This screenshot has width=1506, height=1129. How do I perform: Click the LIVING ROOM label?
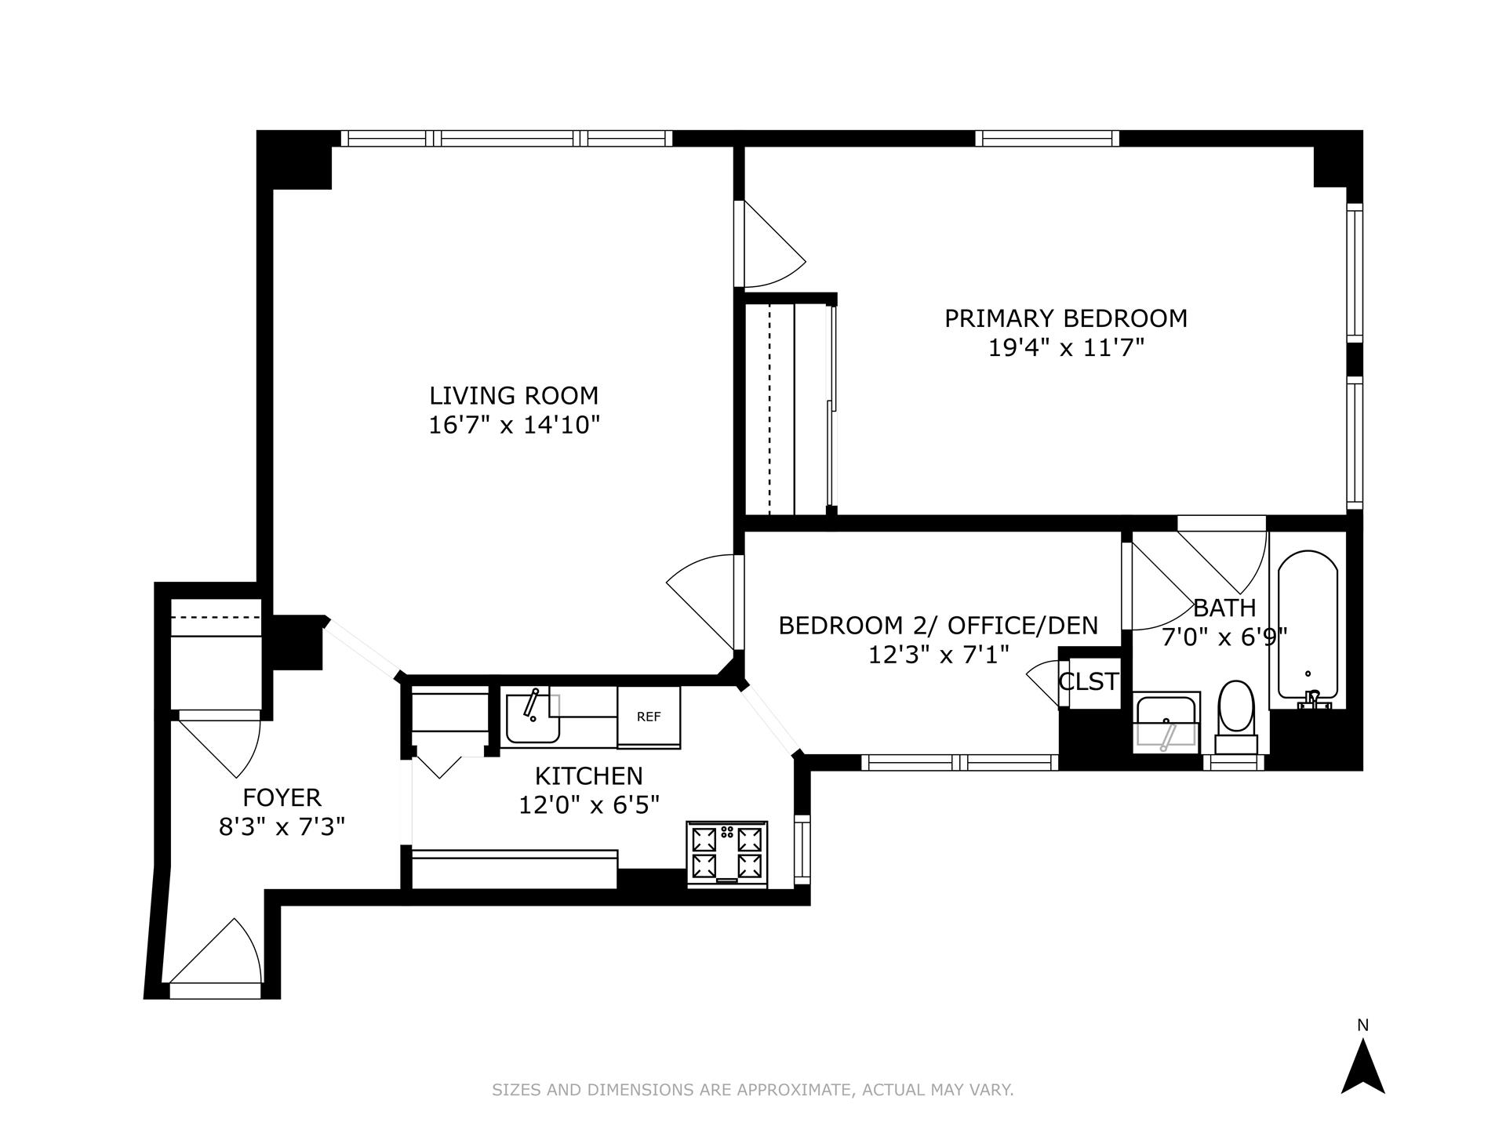514,395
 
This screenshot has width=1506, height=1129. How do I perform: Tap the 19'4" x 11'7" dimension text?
1066,347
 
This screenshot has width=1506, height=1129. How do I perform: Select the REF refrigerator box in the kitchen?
649,717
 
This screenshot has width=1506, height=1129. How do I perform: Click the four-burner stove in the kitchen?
727,853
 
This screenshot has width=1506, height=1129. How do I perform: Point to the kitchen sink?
533,718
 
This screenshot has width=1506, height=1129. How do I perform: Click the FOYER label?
282,797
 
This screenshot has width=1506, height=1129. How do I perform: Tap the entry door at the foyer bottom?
216,958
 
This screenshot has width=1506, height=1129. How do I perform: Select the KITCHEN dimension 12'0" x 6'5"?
588,804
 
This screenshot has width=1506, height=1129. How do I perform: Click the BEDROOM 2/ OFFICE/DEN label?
938,626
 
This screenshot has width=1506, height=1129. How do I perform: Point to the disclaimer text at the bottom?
752,1090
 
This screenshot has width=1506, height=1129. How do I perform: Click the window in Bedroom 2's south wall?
960,761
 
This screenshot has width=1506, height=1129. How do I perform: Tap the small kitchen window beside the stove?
802,850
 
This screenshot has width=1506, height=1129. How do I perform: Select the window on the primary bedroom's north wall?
1047,139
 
